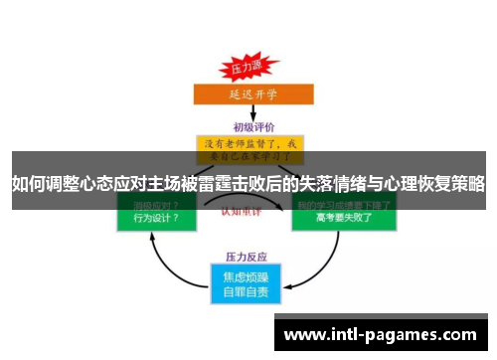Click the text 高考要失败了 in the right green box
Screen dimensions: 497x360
342,217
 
